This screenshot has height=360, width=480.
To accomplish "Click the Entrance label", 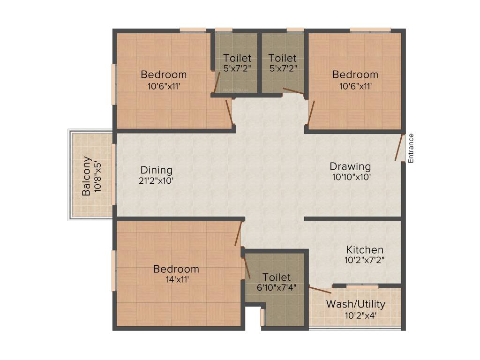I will (x=411, y=148).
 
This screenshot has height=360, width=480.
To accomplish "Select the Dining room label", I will (x=157, y=170).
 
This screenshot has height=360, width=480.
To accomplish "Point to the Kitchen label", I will (x=365, y=250).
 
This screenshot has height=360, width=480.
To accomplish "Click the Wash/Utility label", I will (x=355, y=304).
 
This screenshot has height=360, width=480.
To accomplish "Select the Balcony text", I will (x=86, y=176).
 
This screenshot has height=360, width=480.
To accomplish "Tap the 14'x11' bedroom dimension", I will (x=176, y=280).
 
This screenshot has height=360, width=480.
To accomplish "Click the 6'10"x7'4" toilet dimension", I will (x=277, y=288).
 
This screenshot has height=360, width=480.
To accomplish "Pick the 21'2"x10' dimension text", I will (x=157, y=181).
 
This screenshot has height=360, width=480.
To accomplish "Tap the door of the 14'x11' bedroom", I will (x=239, y=233).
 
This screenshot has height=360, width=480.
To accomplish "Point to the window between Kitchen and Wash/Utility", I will (x=362, y=286).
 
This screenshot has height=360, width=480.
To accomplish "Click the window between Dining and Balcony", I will (x=114, y=174).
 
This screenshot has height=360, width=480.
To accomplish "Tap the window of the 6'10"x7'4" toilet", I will (x=262, y=317).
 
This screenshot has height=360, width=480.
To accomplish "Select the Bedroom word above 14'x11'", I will (x=176, y=269).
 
